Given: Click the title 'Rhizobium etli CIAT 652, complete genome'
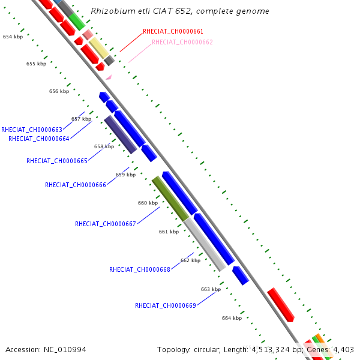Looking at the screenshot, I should coord(180,11).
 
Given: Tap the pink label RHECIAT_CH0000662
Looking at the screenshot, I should coord(182,42).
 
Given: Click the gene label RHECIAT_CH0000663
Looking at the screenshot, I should coord(32,130).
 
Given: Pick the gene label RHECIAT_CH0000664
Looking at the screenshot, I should coord(39,139).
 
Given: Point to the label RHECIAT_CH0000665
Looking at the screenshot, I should coord(57,161).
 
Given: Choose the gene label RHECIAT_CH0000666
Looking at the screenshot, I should coord(76,185).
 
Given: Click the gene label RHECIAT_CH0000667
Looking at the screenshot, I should coord(106,224).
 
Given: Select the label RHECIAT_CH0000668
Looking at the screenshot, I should coord(140,269).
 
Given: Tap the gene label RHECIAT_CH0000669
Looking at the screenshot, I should coord(166,305).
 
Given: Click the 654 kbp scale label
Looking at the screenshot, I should coord(13,37).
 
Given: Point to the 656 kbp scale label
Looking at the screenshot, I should coord(59,91).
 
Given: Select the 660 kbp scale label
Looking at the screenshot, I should coord(148,203).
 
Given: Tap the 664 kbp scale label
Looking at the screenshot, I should coord(232,318).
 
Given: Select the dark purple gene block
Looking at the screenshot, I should coord(121,134).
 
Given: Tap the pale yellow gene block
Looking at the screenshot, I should coord(99,48).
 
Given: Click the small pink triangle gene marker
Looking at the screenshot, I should coord(109,77).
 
